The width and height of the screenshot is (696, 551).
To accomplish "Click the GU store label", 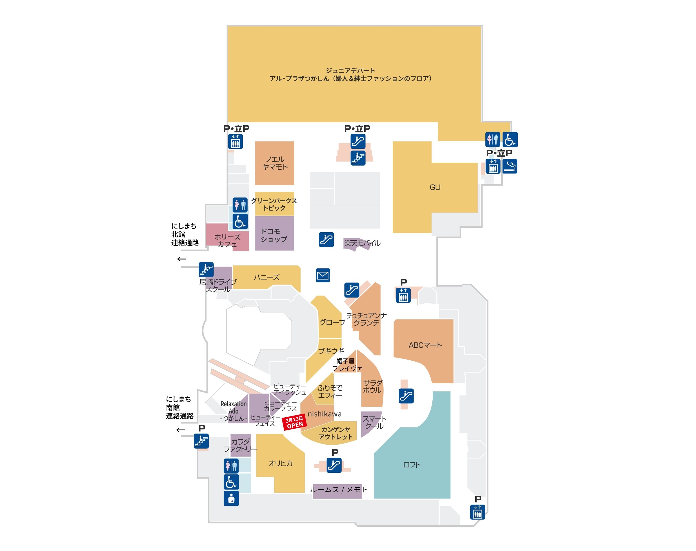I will coord(434,187).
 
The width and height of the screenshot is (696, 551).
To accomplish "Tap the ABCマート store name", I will coord(425,345).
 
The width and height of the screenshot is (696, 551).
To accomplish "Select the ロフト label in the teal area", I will coord(412,465).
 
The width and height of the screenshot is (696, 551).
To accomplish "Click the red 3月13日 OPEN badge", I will coord(294,422).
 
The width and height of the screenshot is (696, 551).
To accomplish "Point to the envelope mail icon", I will coord(322,275).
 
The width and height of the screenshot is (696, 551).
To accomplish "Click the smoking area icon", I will coord(509,166).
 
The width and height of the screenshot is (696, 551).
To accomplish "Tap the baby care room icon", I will coord(231,499).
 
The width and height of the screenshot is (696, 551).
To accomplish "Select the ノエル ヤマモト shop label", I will coord(275,163).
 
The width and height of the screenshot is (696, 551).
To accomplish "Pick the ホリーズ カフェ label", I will coord(227,240).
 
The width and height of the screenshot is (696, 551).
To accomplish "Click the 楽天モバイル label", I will coord(362,243).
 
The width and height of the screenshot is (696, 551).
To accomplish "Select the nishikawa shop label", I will coord(324,414).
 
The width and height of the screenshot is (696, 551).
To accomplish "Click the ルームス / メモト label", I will coord(338,490).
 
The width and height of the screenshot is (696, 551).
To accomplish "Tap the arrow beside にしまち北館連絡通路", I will coord(182,259).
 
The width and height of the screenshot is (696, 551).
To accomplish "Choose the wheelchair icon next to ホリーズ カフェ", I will coord(240,221).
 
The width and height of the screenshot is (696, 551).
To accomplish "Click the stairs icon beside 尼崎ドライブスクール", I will coord(206,269).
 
